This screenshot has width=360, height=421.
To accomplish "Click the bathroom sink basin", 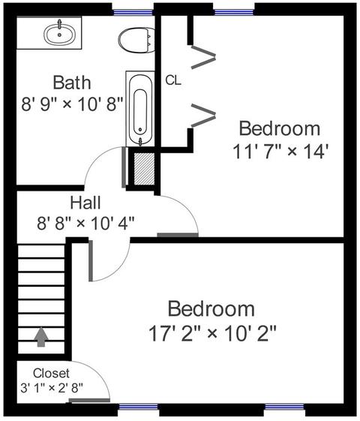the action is pos(59,34).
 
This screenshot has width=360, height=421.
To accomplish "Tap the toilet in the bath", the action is pos(136,40).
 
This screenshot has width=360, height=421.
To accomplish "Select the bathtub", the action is pos(140,109).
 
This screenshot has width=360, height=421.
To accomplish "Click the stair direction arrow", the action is pos(40,337).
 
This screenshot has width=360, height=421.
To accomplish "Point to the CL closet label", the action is pos(173,80).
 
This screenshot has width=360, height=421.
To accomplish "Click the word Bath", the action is pos(72,83).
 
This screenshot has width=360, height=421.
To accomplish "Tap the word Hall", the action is pos(85,203).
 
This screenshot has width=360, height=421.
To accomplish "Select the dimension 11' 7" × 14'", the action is pos(280,152).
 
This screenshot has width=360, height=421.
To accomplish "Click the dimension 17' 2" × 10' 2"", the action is pos(212,333).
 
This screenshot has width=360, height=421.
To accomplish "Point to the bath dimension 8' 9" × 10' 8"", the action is pos(72,104).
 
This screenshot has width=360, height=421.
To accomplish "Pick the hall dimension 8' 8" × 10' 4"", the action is pos(85,223).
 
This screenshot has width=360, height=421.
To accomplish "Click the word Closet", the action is pos(51,373).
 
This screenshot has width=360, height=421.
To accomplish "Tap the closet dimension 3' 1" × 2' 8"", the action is pos(52,388).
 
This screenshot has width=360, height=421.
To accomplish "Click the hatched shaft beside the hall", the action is pos(144,169).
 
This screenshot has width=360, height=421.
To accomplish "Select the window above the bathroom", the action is pos(133,12).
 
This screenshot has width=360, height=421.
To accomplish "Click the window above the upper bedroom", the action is pos(234,12).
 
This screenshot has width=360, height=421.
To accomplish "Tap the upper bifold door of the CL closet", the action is pos(203,57).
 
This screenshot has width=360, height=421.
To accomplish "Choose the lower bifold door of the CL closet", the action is pos(203,116).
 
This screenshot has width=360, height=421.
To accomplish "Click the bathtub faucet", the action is pos(140,141).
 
